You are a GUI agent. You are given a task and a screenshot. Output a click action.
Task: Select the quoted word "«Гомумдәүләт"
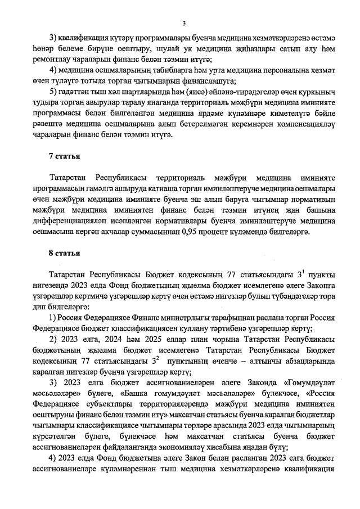tap(307, 383)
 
